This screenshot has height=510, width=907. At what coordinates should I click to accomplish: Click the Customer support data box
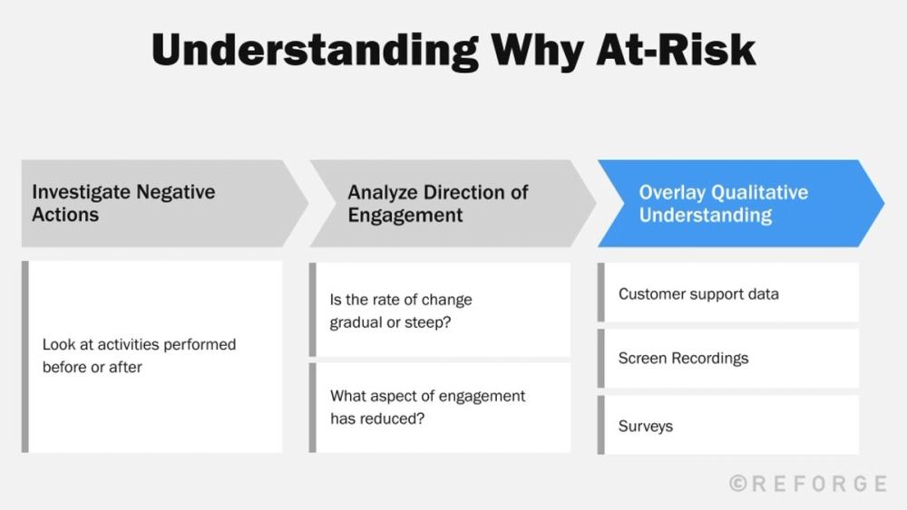[x=730, y=293]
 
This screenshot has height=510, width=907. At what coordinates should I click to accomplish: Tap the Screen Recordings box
[x=730, y=358]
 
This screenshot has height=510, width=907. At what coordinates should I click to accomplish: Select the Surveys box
[x=730, y=426]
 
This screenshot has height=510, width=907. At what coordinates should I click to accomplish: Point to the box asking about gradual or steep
[x=442, y=311]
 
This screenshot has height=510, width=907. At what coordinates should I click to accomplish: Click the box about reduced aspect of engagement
[x=442, y=408]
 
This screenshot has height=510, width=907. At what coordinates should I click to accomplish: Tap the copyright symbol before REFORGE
[x=738, y=484]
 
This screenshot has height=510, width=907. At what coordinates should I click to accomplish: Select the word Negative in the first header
[x=175, y=192]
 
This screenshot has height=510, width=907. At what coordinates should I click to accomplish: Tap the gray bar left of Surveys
[x=600, y=426]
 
